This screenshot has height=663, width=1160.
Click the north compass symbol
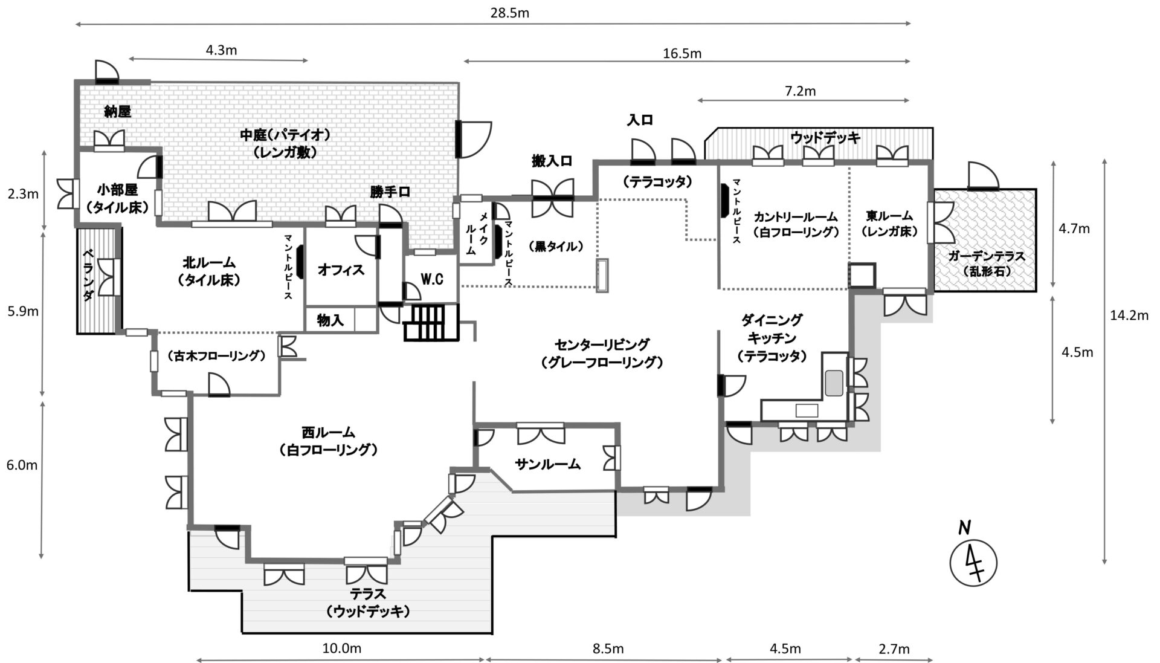(973, 562)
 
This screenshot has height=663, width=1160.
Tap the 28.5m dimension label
(509, 12)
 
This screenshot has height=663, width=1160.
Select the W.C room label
(432, 279)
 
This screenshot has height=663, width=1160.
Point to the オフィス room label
(341, 270)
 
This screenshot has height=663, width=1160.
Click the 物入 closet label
(330, 320)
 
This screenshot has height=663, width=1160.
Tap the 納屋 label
(117, 111)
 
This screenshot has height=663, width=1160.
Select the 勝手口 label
(390, 192)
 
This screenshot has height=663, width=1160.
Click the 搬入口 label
(552, 161)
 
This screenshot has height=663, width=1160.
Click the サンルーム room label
(547, 464)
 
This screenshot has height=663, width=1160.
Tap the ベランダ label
(88, 275)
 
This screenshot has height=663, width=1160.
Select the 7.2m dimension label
(799, 91)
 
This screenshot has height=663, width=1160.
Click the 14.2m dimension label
(1129, 314)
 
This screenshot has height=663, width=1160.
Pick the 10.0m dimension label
(342, 648)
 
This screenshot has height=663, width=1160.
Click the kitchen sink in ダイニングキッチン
(834, 382)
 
